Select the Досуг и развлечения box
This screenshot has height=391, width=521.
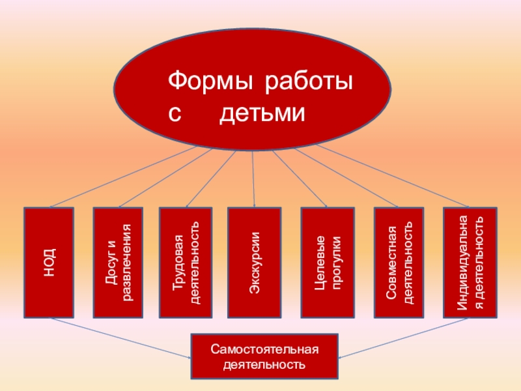point(118,262)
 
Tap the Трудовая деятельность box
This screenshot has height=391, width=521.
point(186,262)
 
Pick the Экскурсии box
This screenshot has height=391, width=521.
point(255,262)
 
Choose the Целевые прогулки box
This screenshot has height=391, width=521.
point(328,262)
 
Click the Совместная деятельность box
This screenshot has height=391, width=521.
point(399,262)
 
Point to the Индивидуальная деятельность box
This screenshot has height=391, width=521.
point(470,262)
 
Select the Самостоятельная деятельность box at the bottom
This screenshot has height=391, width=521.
point(264,356)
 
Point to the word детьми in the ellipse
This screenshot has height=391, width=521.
point(262,115)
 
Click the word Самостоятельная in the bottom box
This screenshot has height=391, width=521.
point(264,349)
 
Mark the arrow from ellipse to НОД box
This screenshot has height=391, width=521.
point(124,177)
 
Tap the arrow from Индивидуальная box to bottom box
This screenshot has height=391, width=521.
point(404,338)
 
